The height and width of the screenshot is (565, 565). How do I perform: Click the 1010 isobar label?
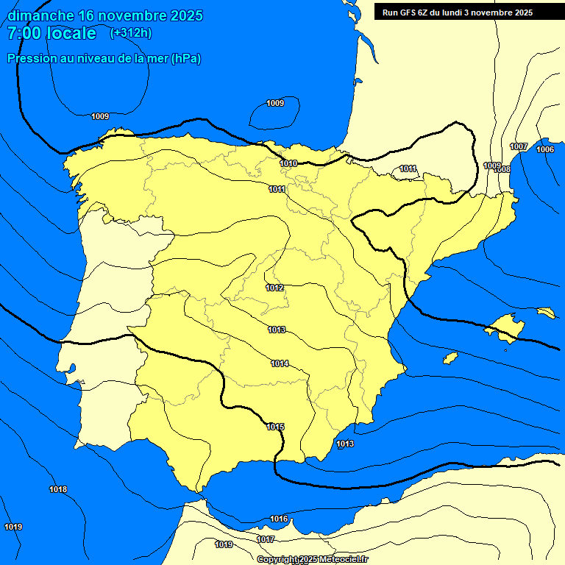(289, 163)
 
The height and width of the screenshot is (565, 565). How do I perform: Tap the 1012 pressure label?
(275, 288)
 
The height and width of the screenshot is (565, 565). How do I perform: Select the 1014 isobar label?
(280, 363)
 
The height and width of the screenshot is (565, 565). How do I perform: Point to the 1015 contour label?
(276, 427)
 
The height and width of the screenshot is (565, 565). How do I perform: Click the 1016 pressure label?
(279, 519)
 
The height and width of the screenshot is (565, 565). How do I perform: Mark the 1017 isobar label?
(266, 539)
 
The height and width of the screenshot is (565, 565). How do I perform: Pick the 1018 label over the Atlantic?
(58, 489)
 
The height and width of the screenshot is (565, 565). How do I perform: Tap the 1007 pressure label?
(519, 146)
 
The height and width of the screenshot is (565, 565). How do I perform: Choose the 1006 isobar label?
(545, 149)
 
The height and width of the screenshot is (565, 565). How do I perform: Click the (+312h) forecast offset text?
(131, 33)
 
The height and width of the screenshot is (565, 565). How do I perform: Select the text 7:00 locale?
(51, 33)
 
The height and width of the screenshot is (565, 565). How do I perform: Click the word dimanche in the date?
(40, 15)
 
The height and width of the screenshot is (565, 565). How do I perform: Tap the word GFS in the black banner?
(408, 13)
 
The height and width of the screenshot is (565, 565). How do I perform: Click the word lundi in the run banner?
(458, 13)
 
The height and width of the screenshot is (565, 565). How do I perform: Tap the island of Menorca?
(546, 313)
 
